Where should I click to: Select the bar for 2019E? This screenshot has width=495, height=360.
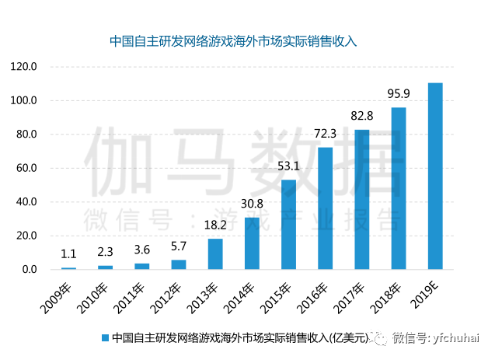(435, 176)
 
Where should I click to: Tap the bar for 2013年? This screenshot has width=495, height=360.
(215, 254)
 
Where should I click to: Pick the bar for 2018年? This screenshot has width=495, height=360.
(399, 188)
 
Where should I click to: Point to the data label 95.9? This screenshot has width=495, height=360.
(399, 94)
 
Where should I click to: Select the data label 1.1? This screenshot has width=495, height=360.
(69, 254)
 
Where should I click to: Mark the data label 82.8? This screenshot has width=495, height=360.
(362, 116)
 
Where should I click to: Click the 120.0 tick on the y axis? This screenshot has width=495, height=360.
(24, 67)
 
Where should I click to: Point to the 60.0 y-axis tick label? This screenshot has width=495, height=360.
(26, 168)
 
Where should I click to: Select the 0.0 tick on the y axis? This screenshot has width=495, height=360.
(30, 270)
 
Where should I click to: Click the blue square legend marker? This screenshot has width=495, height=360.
(104, 337)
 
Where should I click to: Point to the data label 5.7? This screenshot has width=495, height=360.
(179, 246)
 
